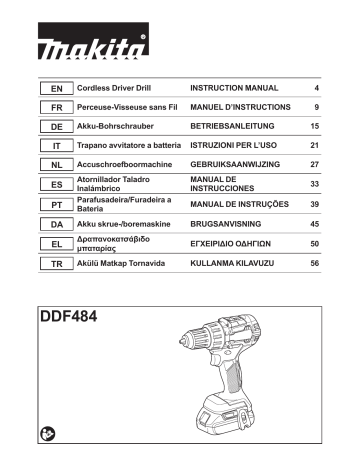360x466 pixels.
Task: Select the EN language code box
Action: coord(55,89)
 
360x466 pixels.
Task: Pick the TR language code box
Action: coord(55,263)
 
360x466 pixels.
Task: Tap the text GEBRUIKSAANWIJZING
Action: coord(236,163)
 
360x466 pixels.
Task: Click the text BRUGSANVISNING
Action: coord(226,225)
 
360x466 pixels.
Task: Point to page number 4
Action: coord(316,89)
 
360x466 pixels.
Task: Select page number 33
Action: coord(314,185)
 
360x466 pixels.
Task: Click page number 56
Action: coord(314,263)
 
